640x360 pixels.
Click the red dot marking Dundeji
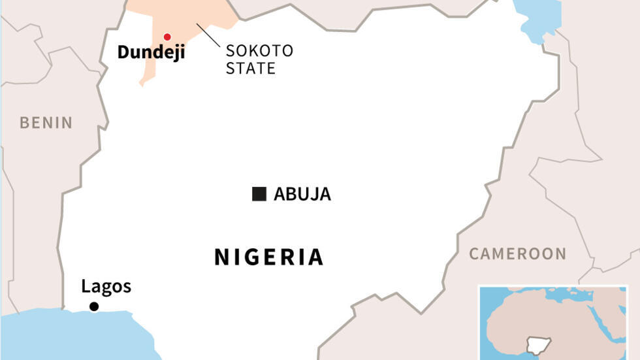click(167, 37)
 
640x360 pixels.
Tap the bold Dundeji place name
click(151, 53)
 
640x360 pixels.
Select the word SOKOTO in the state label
click(259, 51)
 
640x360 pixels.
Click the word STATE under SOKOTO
click(250, 68)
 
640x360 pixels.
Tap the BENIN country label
click(46, 122)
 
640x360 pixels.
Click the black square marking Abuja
click(259, 194)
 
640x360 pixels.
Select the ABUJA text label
click(302, 194)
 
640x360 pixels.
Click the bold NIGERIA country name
click(268, 257)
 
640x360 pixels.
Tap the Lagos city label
click(106, 286)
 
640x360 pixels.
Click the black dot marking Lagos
click(94, 306)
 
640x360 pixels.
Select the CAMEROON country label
click(518, 254)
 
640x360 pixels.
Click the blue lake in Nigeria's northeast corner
click(539, 16)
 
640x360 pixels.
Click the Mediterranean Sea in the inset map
click(575, 296)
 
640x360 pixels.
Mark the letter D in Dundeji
click(123, 53)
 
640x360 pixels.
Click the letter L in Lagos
click(85, 286)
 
